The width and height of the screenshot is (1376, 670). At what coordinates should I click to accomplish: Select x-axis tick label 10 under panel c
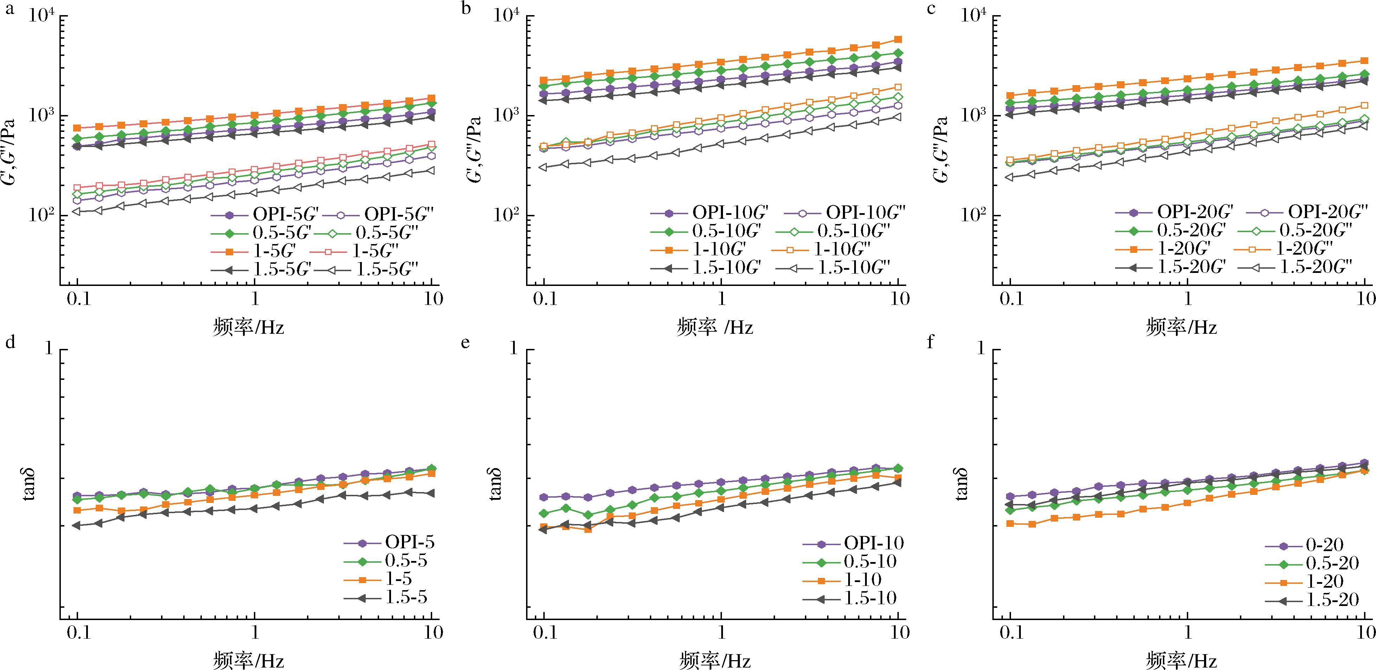click(x=1365, y=298)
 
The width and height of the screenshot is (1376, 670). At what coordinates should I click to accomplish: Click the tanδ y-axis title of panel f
click(x=961, y=485)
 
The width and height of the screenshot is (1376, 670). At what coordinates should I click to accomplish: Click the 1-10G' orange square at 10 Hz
click(x=898, y=39)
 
